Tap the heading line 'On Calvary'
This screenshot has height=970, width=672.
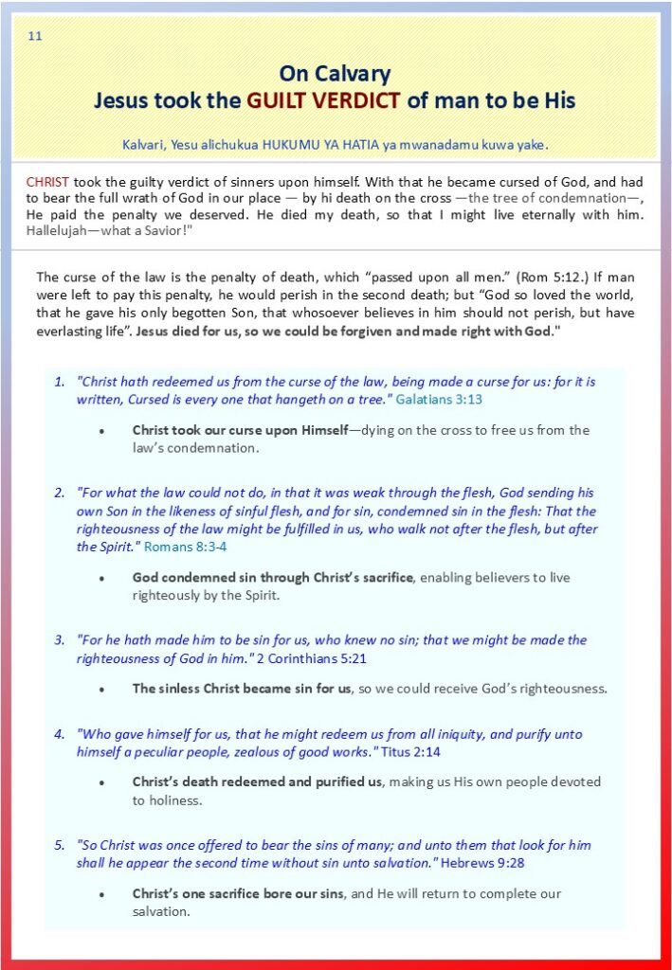tap(335, 74)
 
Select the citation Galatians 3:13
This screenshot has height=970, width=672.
tap(439, 400)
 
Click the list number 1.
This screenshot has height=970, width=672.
tap(59, 382)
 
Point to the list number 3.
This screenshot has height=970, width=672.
tap(59, 639)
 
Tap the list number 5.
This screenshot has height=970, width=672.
tap(59, 845)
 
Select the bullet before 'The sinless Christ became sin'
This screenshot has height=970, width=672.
tap(102, 689)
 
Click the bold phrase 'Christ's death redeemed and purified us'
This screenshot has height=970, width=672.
tap(257, 782)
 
